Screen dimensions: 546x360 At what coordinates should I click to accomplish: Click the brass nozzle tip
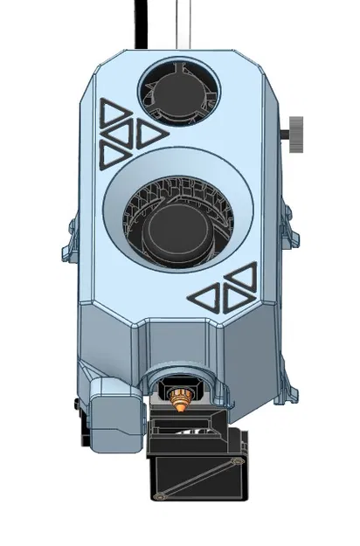(x=180, y=403)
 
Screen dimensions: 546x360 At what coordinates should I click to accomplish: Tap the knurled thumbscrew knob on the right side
(x=295, y=132)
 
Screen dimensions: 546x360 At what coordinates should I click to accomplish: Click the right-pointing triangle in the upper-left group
(x=149, y=134)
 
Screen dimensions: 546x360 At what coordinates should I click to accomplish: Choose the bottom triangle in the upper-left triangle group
(x=114, y=155)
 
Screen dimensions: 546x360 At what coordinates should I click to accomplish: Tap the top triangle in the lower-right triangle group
(x=240, y=278)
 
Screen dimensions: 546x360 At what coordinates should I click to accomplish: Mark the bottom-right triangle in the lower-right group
(x=238, y=298)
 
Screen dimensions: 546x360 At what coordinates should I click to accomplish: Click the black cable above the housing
(x=140, y=22)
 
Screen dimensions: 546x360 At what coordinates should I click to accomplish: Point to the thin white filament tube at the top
(x=182, y=22)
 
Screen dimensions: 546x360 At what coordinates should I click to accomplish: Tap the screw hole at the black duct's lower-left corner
(x=160, y=496)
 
